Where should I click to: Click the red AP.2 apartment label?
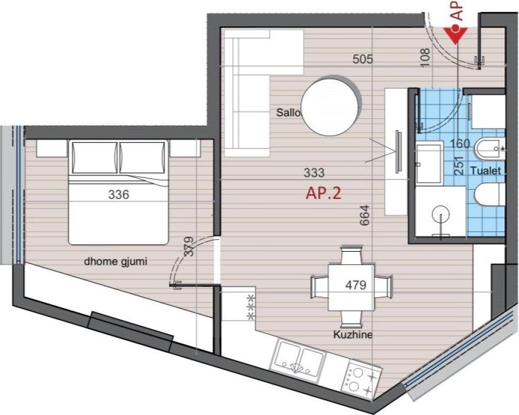pyautogui.click(x=323, y=193)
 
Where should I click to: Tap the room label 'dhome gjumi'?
pyautogui.click(x=116, y=262)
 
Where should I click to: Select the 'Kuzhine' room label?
pyautogui.click(x=353, y=335)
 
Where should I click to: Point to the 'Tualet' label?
pyautogui.click(x=486, y=171)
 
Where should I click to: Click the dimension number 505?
pyautogui.click(x=362, y=59)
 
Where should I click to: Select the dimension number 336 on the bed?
pyautogui.click(x=118, y=195)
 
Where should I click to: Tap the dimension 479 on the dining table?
pyautogui.click(x=356, y=285)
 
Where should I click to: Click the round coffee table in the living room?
pyautogui.click(x=329, y=105)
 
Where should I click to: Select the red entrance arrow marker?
pyautogui.click(x=457, y=34)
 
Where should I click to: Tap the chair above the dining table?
pyautogui.click(x=352, y=255)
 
